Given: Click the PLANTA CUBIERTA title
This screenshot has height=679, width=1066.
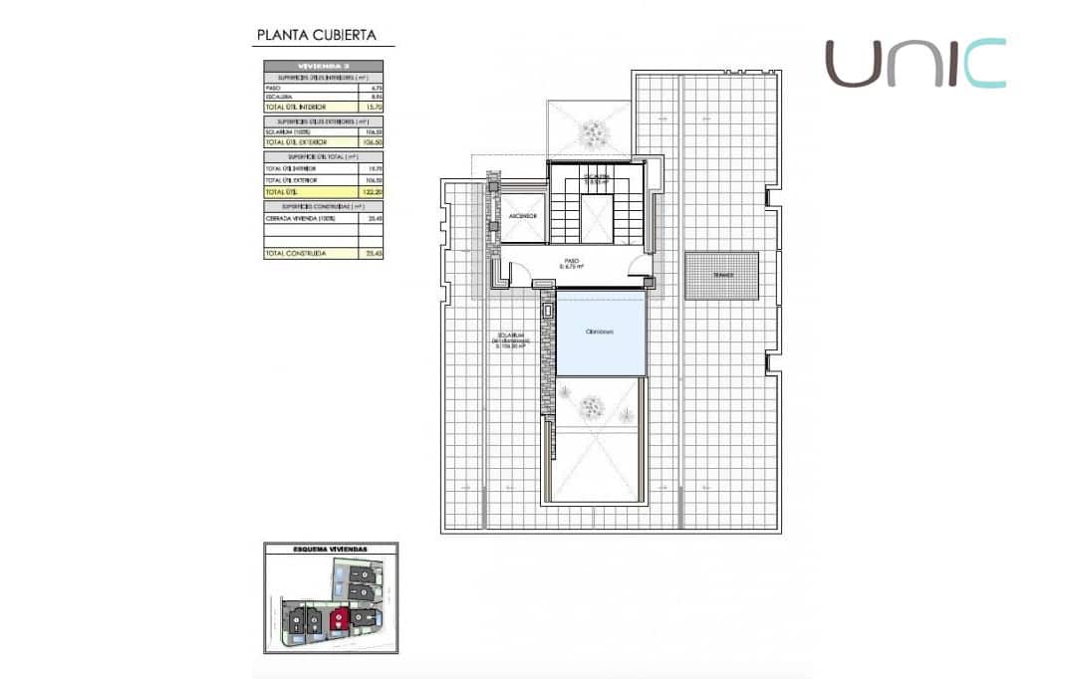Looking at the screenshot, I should [316, 35].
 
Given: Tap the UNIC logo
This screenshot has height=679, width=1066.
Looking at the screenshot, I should [915, 64].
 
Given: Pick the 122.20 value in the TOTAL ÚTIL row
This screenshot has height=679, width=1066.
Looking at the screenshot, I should [375, 191].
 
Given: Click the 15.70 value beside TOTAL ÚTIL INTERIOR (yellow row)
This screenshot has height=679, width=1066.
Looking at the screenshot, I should [375, 106].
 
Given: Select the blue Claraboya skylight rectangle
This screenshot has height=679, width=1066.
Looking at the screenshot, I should [600, 334].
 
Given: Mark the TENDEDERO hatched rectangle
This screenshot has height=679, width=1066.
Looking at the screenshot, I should [721, 275].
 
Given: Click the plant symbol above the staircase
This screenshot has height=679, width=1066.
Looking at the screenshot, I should [595, 129].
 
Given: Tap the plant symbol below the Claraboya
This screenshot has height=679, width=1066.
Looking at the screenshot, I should [593, 406].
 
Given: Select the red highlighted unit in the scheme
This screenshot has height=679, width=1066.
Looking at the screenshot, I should [341, 618].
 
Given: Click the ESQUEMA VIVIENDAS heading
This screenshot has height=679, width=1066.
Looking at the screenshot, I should [330, 549].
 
